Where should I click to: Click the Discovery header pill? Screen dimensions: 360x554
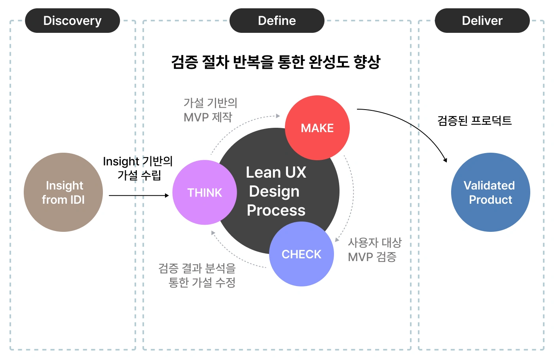(72, 21)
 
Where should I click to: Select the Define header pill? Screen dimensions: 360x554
(277, 21)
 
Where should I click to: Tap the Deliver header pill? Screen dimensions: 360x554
(482, 21)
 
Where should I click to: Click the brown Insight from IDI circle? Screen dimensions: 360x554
(63, 192)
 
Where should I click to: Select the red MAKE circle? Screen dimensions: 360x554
(317, 128)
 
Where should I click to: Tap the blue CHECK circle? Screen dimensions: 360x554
(302, 254)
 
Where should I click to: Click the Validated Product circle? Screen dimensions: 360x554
(490, 192)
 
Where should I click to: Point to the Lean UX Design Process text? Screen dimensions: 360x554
(276, 191)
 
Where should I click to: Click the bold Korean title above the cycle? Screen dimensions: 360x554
(276, 62)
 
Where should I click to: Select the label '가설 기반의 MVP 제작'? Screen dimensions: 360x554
(210, 110)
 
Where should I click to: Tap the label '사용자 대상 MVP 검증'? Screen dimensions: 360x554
(374, 250)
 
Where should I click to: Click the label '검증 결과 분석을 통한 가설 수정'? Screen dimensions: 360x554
(197, 275)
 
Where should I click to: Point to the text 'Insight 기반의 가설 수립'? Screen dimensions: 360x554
(138, 168)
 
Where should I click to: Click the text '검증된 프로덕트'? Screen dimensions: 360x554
(474, 120)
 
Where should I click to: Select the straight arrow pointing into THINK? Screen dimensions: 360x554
(138, 195)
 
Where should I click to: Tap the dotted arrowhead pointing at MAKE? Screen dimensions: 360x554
(278, 116)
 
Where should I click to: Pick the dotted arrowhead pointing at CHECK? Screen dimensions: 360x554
(337, 239)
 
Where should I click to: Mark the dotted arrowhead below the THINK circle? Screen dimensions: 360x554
(213, 233)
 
